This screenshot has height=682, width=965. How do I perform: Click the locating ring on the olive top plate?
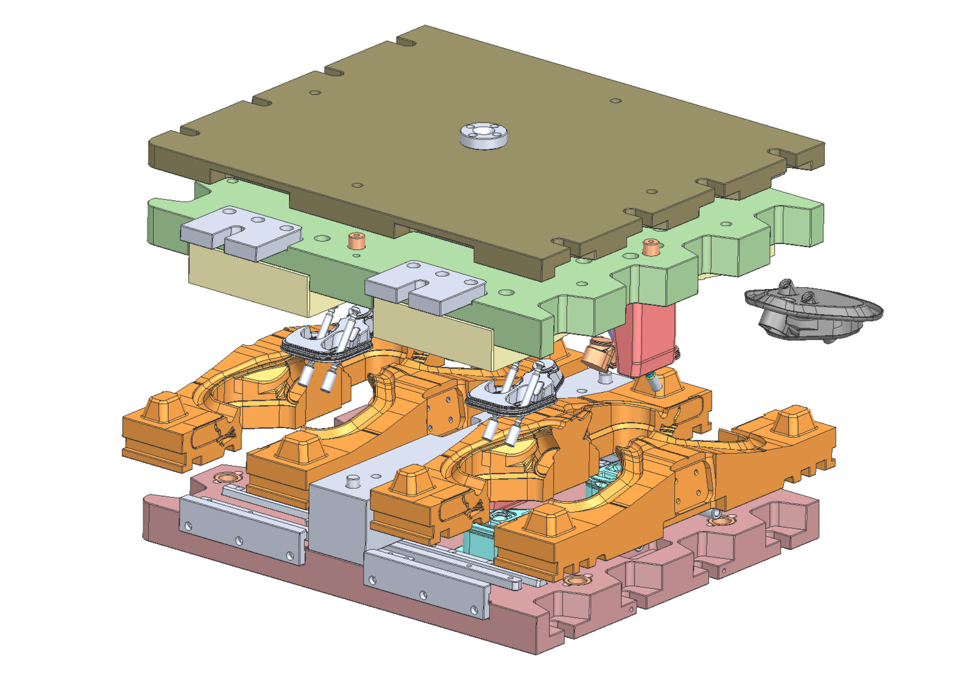coord(483,135)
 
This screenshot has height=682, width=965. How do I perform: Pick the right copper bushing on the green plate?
coord(651,247)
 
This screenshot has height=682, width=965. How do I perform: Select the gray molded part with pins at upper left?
coord(327,337)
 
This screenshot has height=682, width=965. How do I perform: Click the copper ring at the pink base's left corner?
coord(227,477)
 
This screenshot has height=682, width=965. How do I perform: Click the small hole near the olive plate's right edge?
coord(652,191)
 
